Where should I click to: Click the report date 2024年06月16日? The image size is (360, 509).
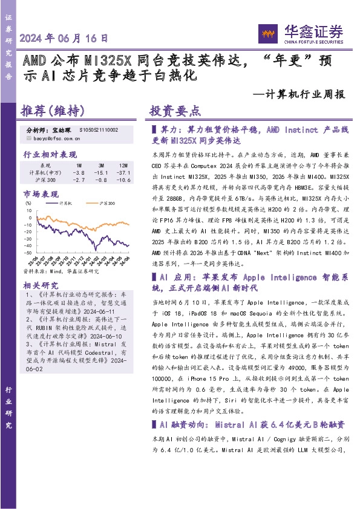[64, 38]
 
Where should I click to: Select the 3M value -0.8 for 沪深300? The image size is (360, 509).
[101, 180]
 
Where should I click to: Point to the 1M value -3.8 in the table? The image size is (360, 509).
[79, 172]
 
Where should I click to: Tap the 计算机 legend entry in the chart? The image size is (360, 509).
[67, 203]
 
